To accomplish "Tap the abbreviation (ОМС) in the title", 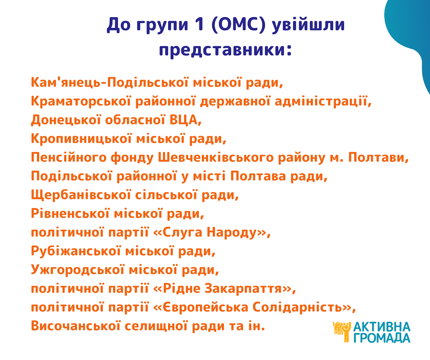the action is [239, 25].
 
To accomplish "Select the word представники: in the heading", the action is [225, 50].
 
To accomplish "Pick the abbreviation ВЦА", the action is [185, 120].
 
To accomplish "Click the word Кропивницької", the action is [81, 139].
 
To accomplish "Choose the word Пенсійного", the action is [69, 157].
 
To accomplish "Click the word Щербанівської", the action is [81, 195].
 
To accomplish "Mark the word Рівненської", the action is [70, 214].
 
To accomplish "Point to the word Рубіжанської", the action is [76, 251].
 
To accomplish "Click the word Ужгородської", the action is [78, 270].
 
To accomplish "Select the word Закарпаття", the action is [243, 289].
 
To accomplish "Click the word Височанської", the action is [76, 326].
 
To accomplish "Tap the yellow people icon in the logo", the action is [342, 332].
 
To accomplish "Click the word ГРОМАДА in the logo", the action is [382, 338].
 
